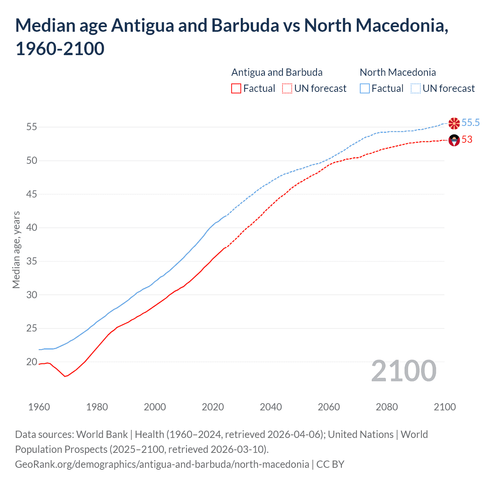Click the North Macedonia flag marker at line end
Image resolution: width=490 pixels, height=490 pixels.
coord(454,123)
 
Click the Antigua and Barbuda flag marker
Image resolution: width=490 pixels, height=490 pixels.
coord(454,140)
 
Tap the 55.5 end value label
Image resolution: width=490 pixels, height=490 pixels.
coord(470,123)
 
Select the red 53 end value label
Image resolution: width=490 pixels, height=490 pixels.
coord(467,140)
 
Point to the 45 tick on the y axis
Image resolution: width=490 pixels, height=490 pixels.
coord(32,194)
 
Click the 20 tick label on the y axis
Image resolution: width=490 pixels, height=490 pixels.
coord(32,362)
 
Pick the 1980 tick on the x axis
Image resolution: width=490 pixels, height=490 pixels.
coord(97,407)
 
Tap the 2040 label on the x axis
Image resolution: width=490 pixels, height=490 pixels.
coord(271,407)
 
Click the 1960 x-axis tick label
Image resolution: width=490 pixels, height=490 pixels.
coord(39,407)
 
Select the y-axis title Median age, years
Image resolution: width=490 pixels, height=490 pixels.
coord(16,250)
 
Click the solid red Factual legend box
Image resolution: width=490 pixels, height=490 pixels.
coord(236,89)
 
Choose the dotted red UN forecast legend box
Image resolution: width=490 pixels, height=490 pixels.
coord(287,89)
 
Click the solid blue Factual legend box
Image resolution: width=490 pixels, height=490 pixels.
coord(365,89)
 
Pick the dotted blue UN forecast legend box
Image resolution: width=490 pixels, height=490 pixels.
coord(415,89)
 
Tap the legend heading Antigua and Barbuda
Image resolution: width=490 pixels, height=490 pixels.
coord(277,72)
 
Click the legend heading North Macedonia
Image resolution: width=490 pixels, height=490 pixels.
coord(398,72)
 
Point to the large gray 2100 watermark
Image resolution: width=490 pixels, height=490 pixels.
coord(403,371)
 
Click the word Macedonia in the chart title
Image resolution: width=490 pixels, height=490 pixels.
coord(400,26)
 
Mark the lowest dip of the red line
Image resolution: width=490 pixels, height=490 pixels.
coord(65,376)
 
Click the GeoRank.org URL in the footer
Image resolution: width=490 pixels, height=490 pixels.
coord(162,464)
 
